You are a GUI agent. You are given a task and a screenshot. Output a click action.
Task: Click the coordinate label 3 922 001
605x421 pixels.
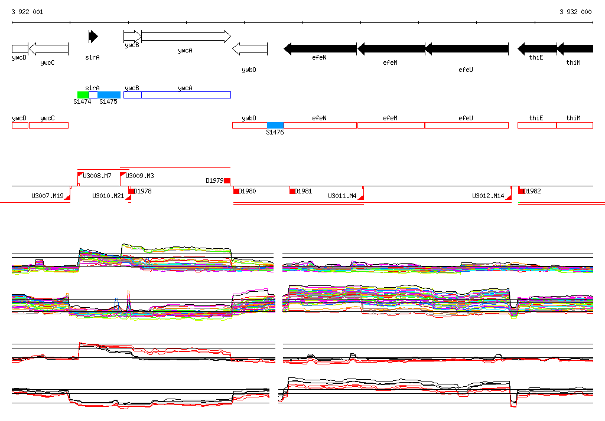click(27, 12)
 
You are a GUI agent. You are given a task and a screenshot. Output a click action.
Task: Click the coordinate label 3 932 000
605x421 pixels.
click(575, 12)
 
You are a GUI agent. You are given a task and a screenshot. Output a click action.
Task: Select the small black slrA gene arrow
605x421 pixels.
click(93, 37)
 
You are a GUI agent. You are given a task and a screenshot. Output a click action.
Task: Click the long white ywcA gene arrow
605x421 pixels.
click(186, 37)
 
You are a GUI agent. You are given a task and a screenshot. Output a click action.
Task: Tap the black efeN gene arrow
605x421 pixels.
click(320, 48)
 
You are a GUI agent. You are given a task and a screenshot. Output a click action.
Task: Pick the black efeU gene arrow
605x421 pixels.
click(467, 48)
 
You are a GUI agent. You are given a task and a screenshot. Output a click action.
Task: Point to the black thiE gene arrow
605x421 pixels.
click(537, 48)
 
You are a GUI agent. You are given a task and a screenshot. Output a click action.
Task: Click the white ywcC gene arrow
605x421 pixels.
click(48, 48)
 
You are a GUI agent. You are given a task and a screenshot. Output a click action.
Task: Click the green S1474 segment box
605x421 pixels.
click(83, 95)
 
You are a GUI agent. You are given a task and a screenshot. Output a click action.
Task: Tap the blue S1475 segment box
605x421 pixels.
click(109, 95)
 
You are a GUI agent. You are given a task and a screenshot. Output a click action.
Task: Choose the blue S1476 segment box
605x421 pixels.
click(275, 125)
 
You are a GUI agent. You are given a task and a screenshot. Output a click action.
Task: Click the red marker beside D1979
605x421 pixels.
click(227, 180)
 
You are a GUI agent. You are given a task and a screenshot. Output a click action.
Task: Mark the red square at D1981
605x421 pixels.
click(292, 191)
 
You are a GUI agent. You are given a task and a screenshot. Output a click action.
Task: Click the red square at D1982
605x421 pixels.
click(521, 191)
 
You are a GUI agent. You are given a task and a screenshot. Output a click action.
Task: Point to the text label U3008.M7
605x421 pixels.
click(97, 176)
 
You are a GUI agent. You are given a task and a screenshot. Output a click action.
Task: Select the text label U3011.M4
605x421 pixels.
click(342, 196)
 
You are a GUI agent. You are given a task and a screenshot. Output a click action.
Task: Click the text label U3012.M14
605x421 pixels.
click(488, 196)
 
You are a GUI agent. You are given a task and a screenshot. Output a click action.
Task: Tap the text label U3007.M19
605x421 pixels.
click(47, 196)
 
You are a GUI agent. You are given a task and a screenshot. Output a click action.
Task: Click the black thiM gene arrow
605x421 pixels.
click(575, 48)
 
